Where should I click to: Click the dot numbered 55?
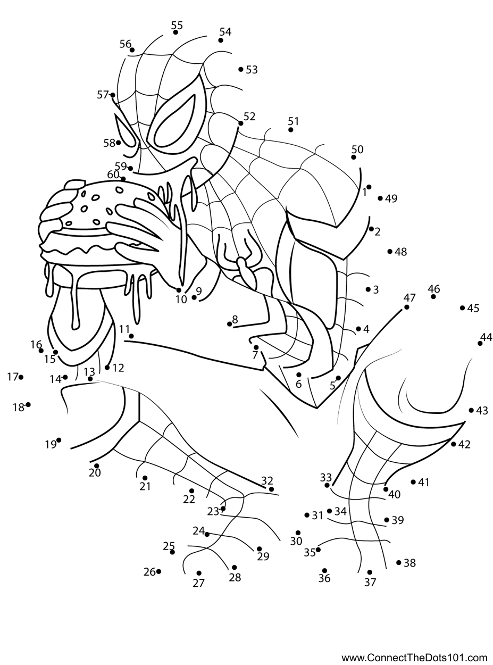point(176,32)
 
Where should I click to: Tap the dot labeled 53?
point(241,69)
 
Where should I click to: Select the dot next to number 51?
point(290,130)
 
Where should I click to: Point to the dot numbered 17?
point(21,377)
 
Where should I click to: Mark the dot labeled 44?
point(480,344)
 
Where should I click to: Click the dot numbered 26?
point(158,571)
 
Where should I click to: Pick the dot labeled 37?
point(370,572)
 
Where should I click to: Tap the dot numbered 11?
point(131,336)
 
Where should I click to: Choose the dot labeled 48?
point(390,252)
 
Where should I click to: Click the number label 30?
point(296,541)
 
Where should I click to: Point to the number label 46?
point(433,289)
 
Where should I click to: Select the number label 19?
point(51,444)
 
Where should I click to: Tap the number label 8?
point(235,319)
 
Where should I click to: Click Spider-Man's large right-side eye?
point(177,121)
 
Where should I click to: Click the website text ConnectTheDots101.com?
point(414,656)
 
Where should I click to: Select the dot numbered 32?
point(271,489)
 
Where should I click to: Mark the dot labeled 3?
point(368,289)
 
